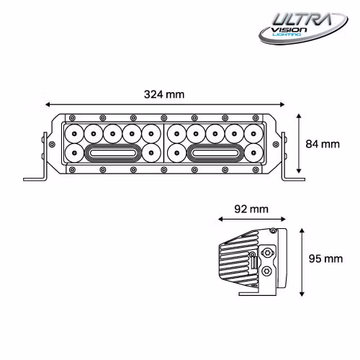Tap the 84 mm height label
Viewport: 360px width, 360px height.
[322, 144]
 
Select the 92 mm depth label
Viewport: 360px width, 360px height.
[252, 210]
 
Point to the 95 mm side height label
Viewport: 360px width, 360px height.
[325, 258]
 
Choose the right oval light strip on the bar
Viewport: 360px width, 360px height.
[217, 153]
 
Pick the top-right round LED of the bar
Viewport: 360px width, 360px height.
[252, 134]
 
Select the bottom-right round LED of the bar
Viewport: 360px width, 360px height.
[252, 152]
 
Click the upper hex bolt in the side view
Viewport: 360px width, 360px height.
[268, 253]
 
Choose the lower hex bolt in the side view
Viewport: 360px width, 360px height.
[268, 272]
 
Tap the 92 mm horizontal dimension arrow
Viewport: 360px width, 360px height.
[252, 220]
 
